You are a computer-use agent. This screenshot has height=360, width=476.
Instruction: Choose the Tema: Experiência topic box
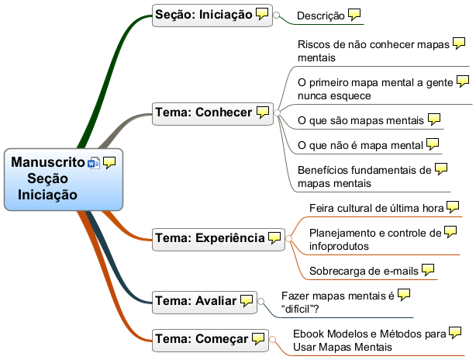[210, 237]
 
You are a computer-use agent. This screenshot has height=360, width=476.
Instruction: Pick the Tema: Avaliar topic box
[196, 300]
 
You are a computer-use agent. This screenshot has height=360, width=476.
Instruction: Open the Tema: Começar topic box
[202, 338]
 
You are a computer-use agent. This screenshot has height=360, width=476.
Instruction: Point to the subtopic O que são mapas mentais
[360, 120]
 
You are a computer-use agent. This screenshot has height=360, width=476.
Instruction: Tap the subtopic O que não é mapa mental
[360, 145]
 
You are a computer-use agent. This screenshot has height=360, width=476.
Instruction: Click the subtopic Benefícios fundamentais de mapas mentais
[364, 176]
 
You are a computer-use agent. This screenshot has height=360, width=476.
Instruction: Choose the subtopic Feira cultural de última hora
[376, 208]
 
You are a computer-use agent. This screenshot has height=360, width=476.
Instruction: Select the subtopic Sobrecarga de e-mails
[364, 271]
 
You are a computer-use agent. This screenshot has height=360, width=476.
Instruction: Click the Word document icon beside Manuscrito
[95, 163]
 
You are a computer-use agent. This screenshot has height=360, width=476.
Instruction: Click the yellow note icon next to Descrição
[354, 14]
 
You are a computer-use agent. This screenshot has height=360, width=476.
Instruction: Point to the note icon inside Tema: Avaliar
[247, 300]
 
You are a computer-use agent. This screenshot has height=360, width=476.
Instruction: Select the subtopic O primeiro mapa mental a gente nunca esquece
[375, 88]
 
